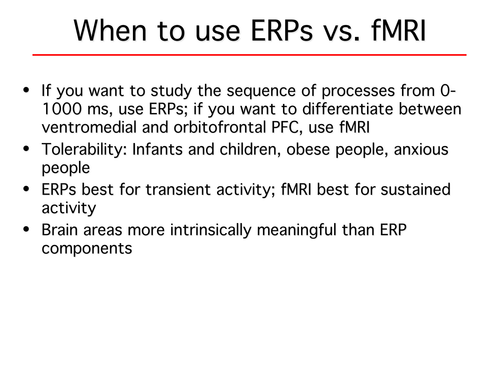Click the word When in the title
pyautogui.click(x=110, y=31)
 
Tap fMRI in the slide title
pyautogui.click(x=398, y=31)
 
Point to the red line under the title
pyautogui.click(x=249, y=55)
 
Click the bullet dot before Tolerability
pyautogui.click(x=26, y=149)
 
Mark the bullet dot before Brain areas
pyautogui.click(x=26, y=229)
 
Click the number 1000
pyautogui.click(x=62, y=109)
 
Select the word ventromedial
pyautogui.click(x=89, y=127)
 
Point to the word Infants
pyautogui.click(x=157, y=149)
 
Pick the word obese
pyautogui.click(x=308, y=149)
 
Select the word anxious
pyautogui.click(x=421, y=149)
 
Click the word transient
pyautogui.click(x=178, y=190)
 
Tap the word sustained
pyautogui.click(x=415, y=189)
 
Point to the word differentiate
pyautogui.click(x=348, y=109)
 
